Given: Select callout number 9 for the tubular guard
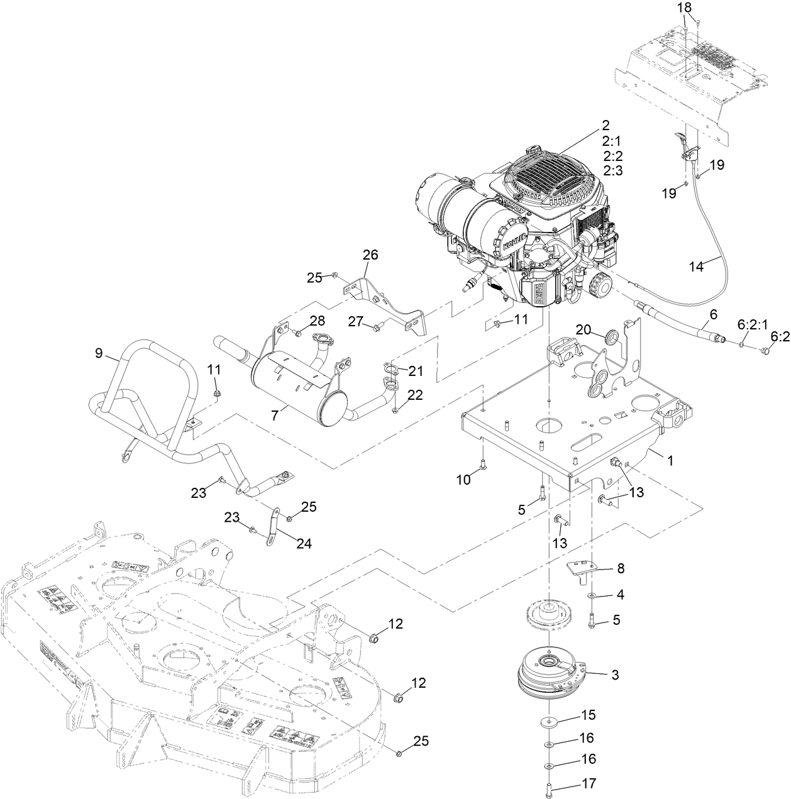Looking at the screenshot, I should click(99, 353).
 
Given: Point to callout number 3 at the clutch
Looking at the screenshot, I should click(614, 675).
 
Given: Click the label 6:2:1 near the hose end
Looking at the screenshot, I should click(752, 324).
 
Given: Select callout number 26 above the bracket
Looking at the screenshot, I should click(370, 255).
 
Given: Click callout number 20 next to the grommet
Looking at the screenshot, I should click(584, 330).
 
